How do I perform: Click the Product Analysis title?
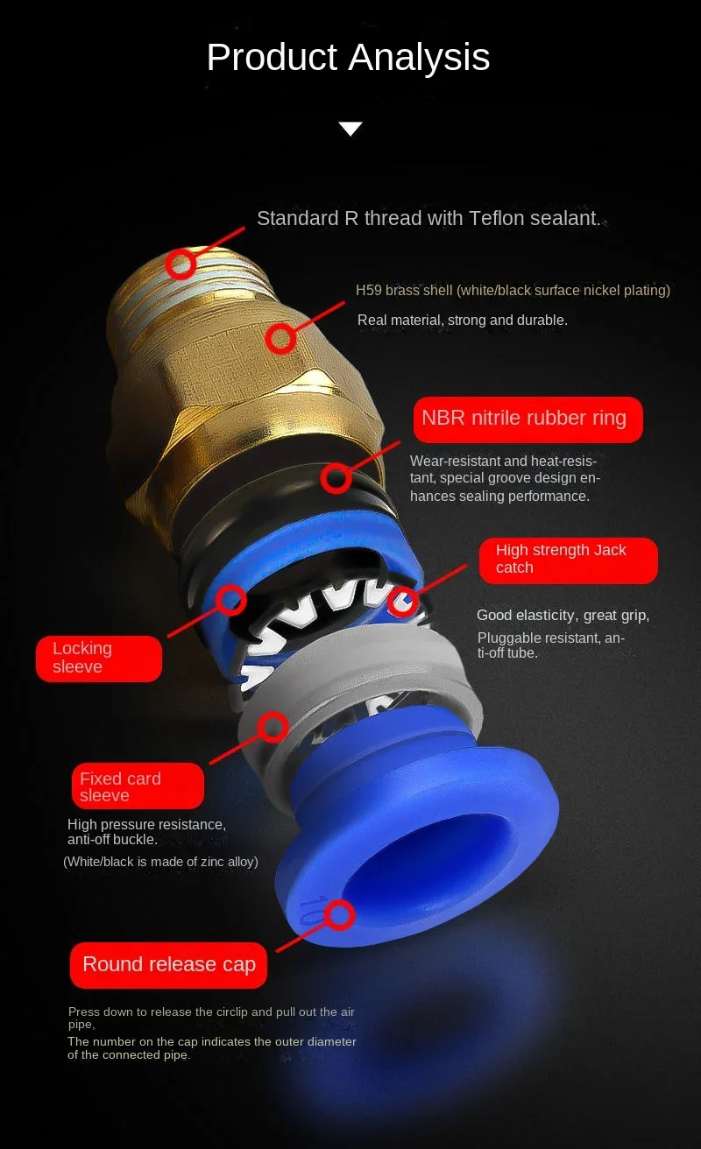(x=348, y=58)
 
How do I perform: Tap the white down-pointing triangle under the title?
(x=350, y=130)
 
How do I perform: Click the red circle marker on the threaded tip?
(x=181, y=264)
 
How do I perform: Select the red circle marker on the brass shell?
(x=280, y=338)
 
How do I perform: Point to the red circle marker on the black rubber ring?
(x=336, y=478)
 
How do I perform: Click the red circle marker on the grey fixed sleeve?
(x=273, y=726)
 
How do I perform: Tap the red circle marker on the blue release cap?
(x=339, y=915)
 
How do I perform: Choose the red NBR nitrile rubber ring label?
(x=528, y=419)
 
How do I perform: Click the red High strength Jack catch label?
(x=568, y=560)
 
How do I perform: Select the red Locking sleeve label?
(x=98, y=658)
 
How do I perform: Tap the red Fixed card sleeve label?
(x=138, y=786)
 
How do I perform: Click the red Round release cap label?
(x=169, y=965)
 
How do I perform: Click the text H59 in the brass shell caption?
(x=368, y=290)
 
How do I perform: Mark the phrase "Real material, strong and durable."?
(x=462, y=321)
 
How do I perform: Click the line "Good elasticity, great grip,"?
(x=563, y=615)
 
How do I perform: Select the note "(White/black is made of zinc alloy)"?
(x=160, y=862)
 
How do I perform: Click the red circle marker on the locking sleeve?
(x=230, y=600)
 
